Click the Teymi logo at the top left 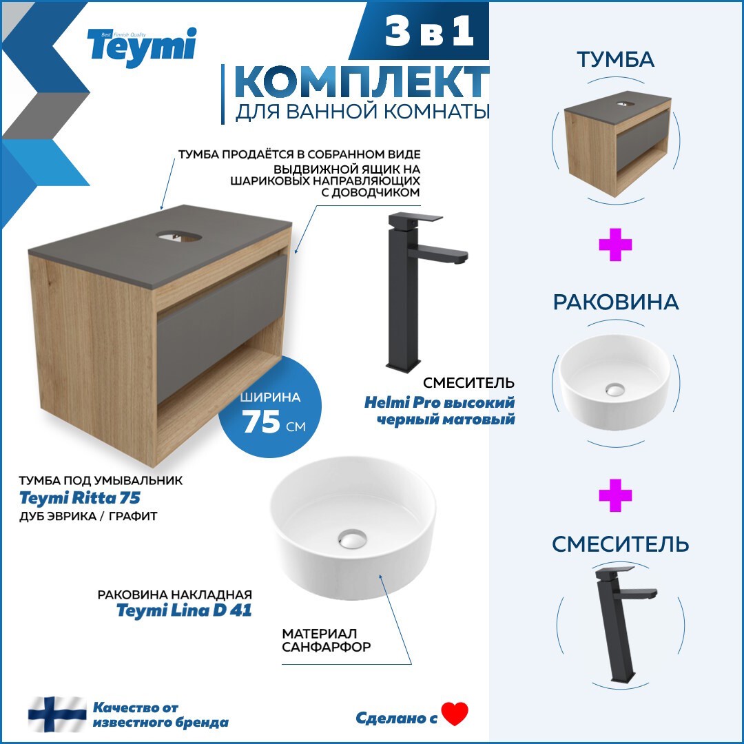pos(141,47)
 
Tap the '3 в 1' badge pos(429,32)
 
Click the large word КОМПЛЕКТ pos(362,83)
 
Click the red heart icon pos(455,714)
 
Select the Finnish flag pos(57,714)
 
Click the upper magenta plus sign pos(615,245)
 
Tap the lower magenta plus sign pos(615,496)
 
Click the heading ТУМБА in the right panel pos(615,59)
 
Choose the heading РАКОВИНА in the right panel pos(615,302)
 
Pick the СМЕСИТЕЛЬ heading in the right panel pos(620,544)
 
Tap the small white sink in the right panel pos(614,382)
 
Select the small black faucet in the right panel pos(617,620)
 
